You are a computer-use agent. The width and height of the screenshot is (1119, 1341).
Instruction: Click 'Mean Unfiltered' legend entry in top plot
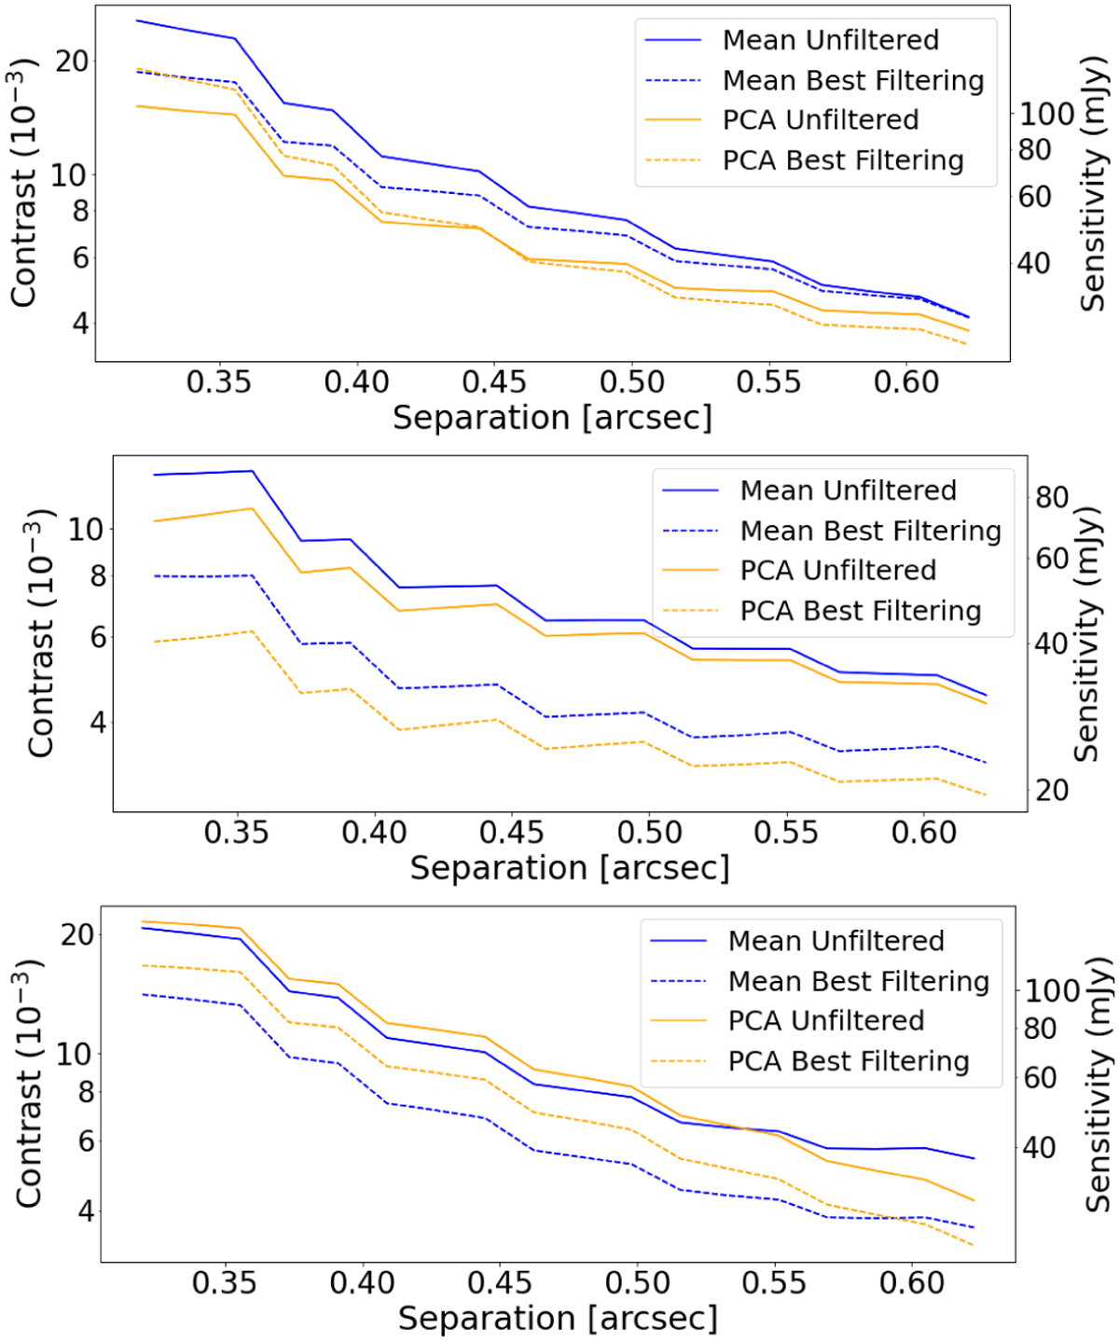(x=830, y=40)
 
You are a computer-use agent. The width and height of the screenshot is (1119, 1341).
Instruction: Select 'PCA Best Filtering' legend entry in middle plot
(x=860, y=611)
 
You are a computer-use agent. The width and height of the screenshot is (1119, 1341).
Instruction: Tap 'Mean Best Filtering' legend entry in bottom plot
(x=858, y=981)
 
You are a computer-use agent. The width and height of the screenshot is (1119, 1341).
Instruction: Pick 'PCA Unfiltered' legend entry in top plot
(x=820, y=120)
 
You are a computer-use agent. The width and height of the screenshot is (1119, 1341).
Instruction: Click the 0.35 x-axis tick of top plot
(x=219, y=381)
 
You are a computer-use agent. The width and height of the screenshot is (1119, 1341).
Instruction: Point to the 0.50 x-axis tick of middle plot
(x=650, y=832)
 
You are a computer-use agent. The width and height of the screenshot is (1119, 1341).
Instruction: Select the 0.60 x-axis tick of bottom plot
(x=912, y=1283)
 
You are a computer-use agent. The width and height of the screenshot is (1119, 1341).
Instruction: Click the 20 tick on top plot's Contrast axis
(x=72, y=61)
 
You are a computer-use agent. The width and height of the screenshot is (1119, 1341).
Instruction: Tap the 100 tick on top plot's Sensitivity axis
(x=1046, y=114)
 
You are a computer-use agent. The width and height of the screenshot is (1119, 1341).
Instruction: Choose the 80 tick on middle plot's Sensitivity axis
(x=1051, y=497)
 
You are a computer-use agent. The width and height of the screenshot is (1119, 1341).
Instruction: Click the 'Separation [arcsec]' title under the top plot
(x=552, y=418)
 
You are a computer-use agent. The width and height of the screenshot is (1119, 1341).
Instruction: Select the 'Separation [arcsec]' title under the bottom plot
(x=558, y=1319)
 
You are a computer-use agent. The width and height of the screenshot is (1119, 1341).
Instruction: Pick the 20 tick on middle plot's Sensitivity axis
(x=1051, y=790)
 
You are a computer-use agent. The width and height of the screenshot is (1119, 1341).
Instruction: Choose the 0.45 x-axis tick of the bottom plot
(x=499, y=1283)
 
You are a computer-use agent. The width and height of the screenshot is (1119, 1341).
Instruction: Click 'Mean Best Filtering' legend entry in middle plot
(x=870, y=531)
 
